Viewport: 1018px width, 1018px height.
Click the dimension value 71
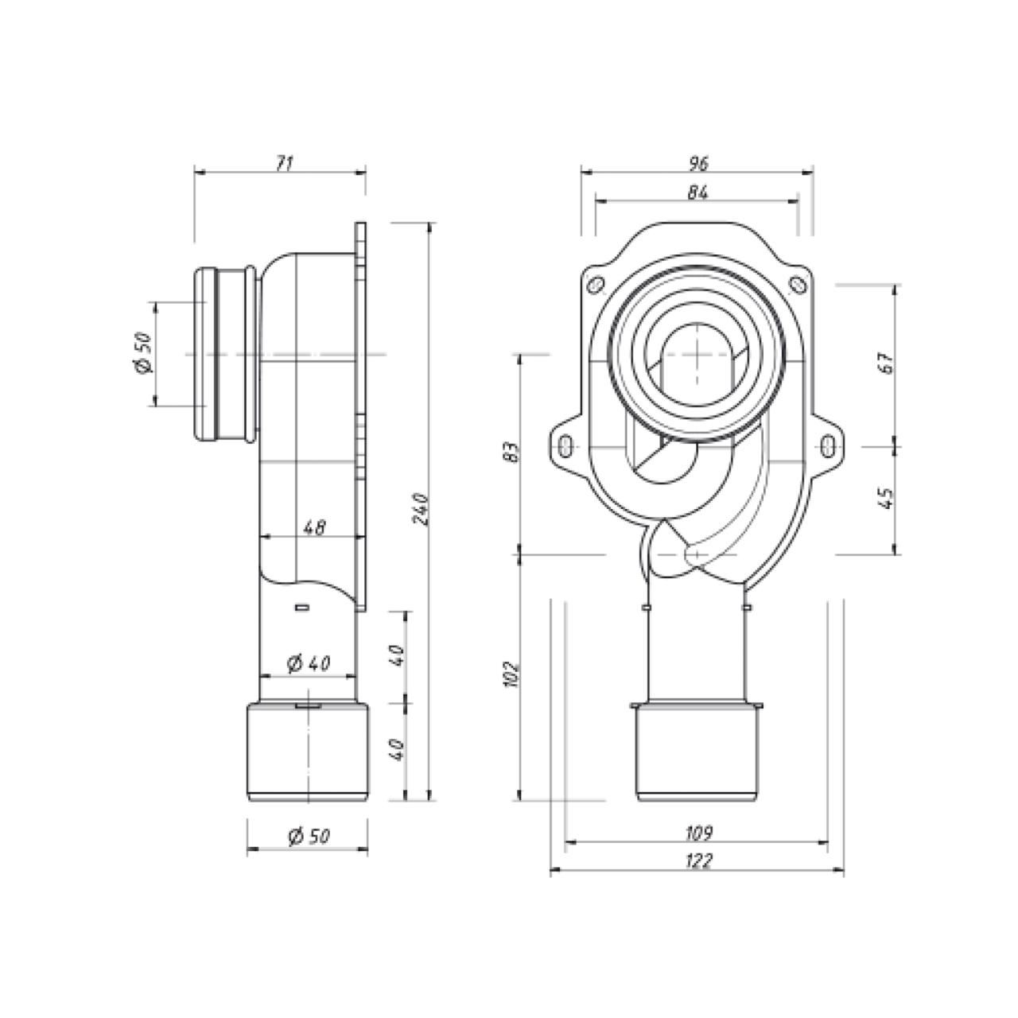click(284, 163)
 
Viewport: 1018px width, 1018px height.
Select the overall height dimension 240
click(421, 509)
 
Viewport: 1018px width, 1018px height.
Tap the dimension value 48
click(316, 526)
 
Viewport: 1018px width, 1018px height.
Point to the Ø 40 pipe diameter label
click(309, 663)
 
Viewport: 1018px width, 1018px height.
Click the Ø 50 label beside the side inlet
click(144, 353)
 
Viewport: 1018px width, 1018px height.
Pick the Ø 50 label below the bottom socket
click(309, 836)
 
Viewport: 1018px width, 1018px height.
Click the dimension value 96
click(697, 163)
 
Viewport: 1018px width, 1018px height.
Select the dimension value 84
click(697, 192)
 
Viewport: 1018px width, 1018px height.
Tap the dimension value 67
click(887, 363)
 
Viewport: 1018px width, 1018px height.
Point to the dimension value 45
click(887, 498)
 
